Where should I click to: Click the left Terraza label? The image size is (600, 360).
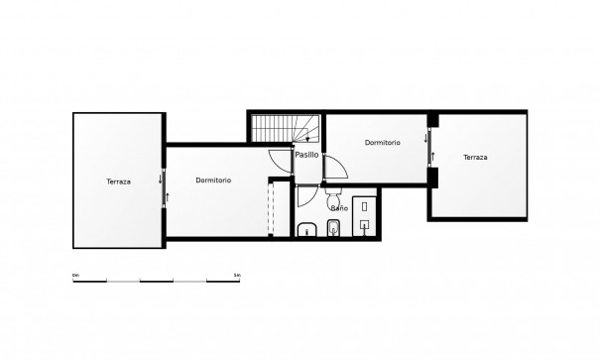coord(118,180)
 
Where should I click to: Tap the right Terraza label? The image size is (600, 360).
coord(476,157)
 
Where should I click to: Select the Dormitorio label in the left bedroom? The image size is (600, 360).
coord(213,180)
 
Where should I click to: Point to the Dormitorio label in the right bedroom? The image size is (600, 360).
coord(382,143)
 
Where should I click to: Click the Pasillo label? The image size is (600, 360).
coord(306,155)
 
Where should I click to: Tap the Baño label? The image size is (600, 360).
coord(338,209)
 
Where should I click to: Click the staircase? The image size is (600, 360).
coord(280,130)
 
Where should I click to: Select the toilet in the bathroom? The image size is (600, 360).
coord(333,230)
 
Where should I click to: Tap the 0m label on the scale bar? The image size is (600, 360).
coord(76,273)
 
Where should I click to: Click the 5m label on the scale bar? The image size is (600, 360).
coord(237,273)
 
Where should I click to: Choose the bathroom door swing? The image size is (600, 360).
coord(307,194)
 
